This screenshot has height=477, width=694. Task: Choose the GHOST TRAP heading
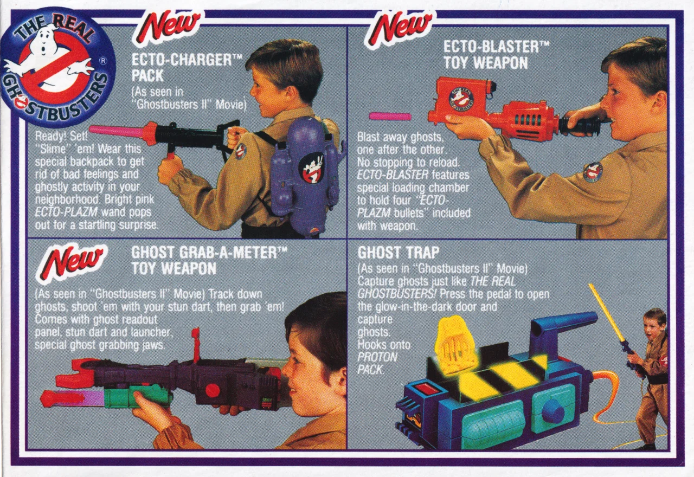click(x=399, y=253)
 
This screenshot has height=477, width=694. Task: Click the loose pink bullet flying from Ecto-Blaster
click(x=390, y=116)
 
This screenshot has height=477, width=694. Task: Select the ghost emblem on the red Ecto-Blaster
click(x=461, y=99)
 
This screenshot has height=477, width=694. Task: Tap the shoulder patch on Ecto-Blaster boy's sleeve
click(x=593, y=172)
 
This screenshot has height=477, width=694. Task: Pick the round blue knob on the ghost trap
click(x=552, y=411)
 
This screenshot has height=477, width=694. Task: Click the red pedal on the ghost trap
click(x=427, y=388)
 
